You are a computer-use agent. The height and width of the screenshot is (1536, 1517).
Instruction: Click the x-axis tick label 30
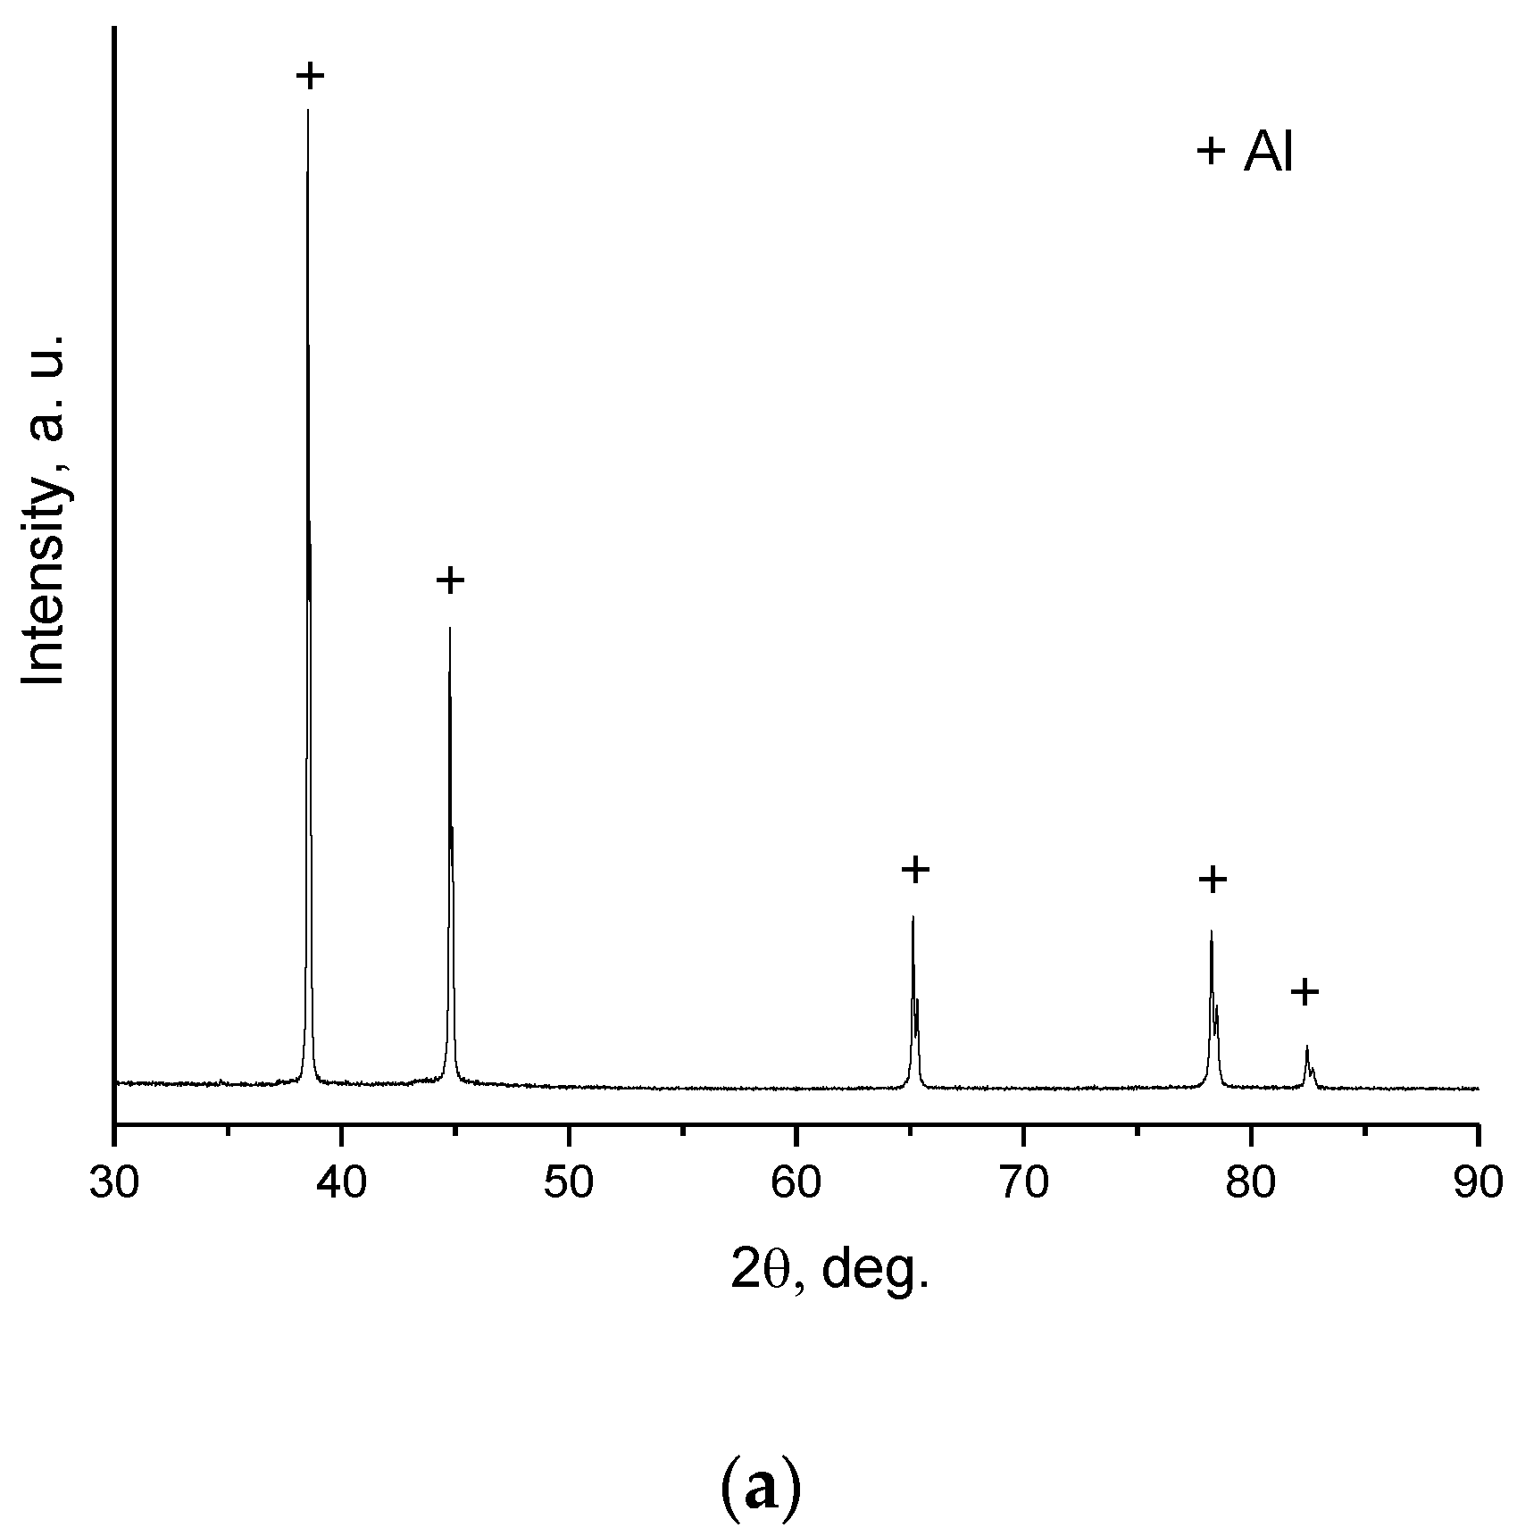(x=114, y=1187)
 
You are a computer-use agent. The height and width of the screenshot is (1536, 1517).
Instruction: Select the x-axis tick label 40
(x=342, y=1187)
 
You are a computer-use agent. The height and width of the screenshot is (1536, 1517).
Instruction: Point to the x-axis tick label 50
(x=569, y=1187)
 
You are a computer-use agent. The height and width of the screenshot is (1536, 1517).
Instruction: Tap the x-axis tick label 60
(x=796, y=1187)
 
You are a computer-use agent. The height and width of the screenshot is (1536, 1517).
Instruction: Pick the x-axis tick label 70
(x=1023, y=1187)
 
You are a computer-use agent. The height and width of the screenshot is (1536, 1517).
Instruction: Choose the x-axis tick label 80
(x=1251, y=1187)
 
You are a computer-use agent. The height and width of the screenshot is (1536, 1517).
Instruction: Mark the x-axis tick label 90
(x=1478, y=1187)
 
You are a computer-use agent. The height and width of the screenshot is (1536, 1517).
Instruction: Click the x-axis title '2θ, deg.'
(x=830, y=1269)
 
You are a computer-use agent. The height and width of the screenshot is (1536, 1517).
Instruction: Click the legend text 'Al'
(x=1268, y=154)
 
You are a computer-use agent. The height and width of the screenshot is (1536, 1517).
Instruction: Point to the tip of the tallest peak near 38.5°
(x=308, y=110)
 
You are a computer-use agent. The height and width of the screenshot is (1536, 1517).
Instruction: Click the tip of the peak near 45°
(x=450, y=628)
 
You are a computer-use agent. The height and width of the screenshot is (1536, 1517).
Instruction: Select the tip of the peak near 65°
(x=913, y=917)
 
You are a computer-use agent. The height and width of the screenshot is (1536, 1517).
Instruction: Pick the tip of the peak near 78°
(x=1211, y=931)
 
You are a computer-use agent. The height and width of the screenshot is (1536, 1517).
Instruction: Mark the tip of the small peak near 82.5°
(x=1307, y=1046)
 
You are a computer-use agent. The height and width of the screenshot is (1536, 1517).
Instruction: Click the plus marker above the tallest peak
(x=310, y=76)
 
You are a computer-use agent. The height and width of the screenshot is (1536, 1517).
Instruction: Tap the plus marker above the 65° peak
(x=915, y=869)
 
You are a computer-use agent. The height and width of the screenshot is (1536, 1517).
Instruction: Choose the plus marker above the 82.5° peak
(x=1304, y=991)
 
